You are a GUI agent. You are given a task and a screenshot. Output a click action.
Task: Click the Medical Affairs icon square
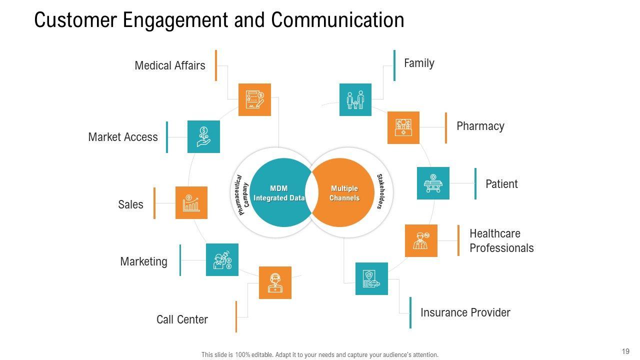tap(254, 99)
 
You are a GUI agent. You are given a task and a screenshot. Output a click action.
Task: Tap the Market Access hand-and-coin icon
tap(203, 136)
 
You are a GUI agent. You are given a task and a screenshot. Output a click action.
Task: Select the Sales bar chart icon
tap(191, 202)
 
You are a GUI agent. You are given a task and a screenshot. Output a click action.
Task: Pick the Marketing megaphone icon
tap(222, 259)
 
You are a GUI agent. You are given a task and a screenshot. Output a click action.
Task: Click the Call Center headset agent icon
tap(275, 282)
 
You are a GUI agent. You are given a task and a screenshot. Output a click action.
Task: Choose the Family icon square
tap(355, 99)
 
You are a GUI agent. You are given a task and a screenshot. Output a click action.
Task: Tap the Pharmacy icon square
tap(403, 127)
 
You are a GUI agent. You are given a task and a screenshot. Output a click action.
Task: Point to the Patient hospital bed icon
tap(433, 183)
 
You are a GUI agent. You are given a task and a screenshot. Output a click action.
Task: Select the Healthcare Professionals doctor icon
tap(421, 240)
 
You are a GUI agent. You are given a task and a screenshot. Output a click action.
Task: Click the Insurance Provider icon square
tap(371, 278)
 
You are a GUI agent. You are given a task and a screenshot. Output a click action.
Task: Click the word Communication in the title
tap(337, 20)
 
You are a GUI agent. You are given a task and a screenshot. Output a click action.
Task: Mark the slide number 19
tap(625, 351)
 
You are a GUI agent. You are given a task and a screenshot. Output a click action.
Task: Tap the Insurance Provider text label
tap(465, 312)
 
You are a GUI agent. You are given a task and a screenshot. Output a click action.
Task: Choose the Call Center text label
tap(182, 319)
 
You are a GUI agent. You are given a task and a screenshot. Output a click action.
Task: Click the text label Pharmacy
tap(480, 126)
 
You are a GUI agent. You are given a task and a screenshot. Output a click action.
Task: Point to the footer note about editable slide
tap(319, 354)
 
